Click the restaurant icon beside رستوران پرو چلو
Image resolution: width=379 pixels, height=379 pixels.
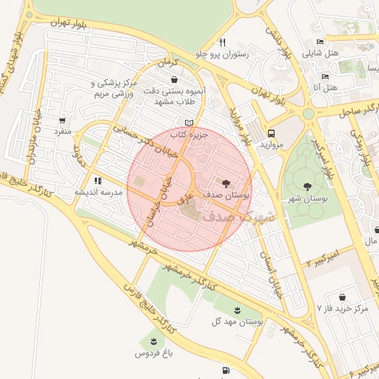[x=222, y=42]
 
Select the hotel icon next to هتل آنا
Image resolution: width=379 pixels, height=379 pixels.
[x=325, y=76]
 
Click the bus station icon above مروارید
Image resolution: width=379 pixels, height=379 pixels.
[x=272, y=134]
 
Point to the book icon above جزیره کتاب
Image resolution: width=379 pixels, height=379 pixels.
[x=189, y=123]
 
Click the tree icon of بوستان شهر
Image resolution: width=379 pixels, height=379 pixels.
[x=307, y=185]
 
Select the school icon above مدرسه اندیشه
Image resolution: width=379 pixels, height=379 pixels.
[x=97, y=180]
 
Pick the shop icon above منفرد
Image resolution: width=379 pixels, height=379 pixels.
[x=61, y=120]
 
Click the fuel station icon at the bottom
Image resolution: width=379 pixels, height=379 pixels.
[x=224, y=369]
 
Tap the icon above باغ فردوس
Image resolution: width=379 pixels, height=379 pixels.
[x=153, y=341]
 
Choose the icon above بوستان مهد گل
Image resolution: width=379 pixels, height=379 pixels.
[x=237, y=310]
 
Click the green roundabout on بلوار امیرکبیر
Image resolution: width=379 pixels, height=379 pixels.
[x=308, y=114]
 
